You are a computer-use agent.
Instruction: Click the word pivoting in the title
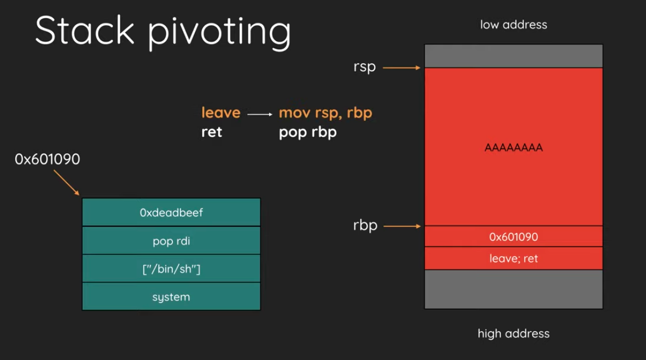[x=219, y=33]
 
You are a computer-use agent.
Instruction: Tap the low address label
[x=513, y=25]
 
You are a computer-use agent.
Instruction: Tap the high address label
[x=513, y=333]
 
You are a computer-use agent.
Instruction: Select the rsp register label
[x=365, y=67]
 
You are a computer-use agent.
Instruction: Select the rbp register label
[x=365, y=225]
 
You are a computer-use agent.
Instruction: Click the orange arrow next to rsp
[x=401, y=67]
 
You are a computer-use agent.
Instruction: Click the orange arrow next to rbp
[x=402, y=226]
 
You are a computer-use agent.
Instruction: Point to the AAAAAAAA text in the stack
[x=513, y=148]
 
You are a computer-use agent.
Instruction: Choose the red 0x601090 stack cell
[x=513, y=236]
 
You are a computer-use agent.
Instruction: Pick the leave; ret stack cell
[x=513, y=258]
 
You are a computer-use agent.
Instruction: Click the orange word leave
[x=221, y=113]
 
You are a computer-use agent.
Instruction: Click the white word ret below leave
[x=212, y=132]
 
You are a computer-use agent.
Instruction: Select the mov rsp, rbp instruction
[x=325, y=113]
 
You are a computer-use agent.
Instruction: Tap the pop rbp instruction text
[x=308, y=132]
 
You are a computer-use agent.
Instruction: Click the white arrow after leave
[x=260, y=114]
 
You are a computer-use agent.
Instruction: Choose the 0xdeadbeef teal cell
[x=171, y=212]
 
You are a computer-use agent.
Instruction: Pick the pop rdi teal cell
[x=171, y=241]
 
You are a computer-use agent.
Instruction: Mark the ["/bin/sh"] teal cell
[x=171, y=269]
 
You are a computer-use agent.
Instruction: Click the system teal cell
[x=171, y=296]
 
